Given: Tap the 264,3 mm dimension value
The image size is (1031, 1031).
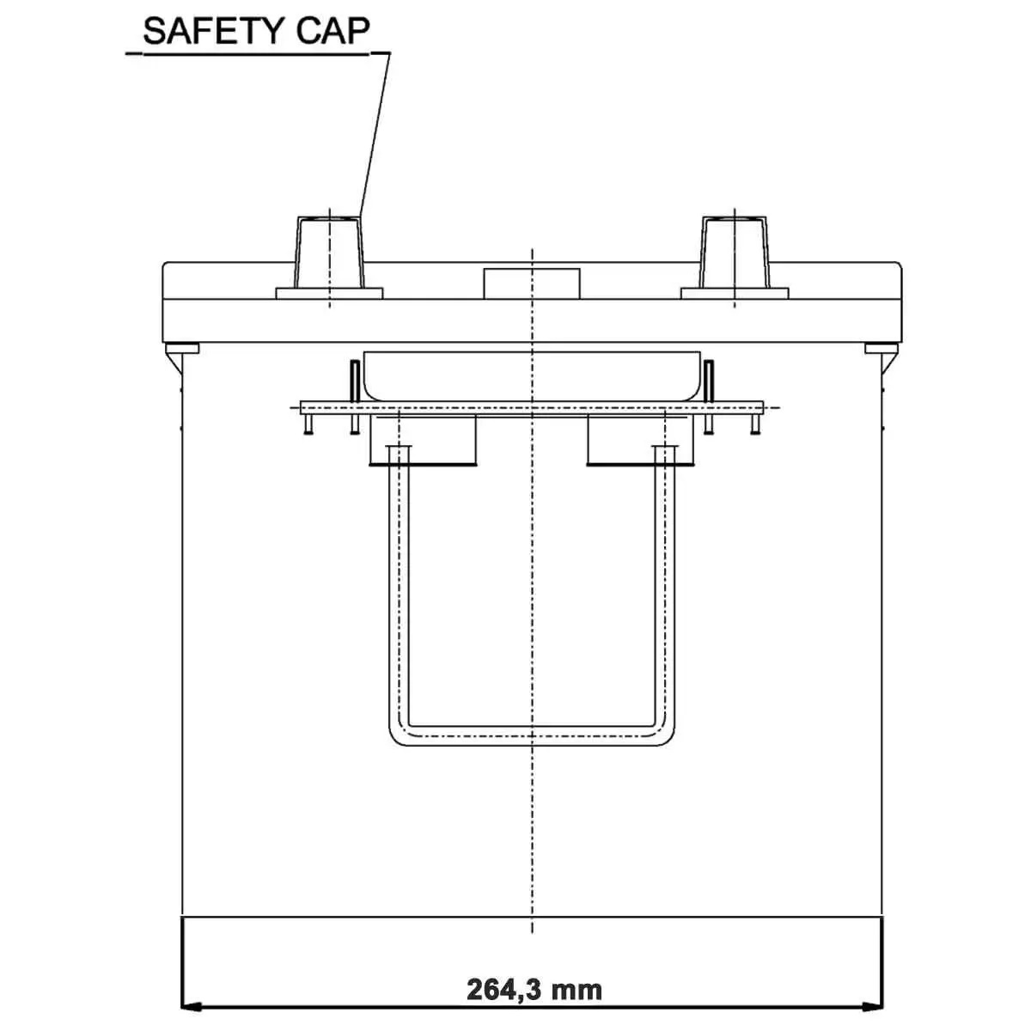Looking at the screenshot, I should coord(534,989).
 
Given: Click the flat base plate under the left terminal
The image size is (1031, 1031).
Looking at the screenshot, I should coord(329,294).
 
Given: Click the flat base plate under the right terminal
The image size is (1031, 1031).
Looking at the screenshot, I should coord(735,294).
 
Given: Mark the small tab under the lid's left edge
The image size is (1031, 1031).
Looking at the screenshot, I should coord(182,348).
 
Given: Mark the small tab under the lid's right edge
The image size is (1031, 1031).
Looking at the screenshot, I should coord(880,348).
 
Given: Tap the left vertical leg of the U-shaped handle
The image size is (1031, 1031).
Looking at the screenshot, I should coord(399,584).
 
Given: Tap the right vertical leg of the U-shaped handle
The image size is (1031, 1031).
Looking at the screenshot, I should coord(665,584).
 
